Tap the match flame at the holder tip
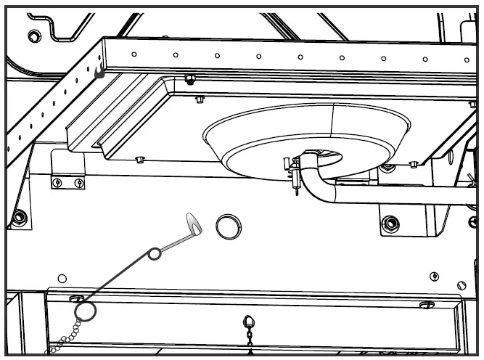194,224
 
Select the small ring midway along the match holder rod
155,253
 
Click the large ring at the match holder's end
85,312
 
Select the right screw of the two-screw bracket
78,182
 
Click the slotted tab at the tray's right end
427,304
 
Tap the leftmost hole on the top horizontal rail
134,53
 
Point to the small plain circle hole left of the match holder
62,278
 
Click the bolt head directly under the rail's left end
190,78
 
